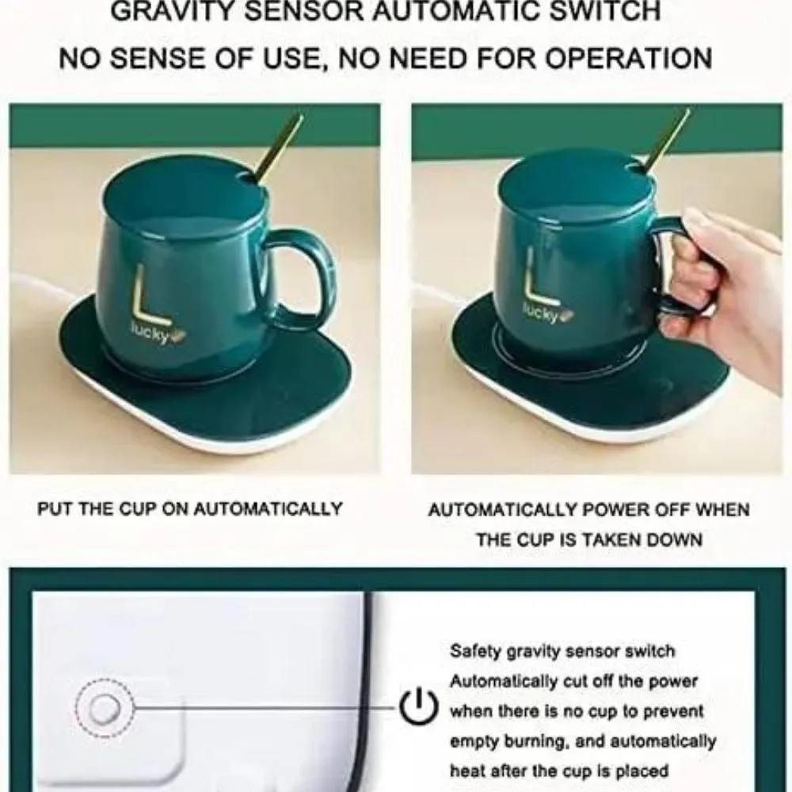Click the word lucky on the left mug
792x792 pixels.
pos(150,334)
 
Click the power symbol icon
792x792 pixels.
pos(417,705)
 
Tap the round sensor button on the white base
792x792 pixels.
pos(105,708)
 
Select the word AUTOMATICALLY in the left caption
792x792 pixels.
pos(268,508)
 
